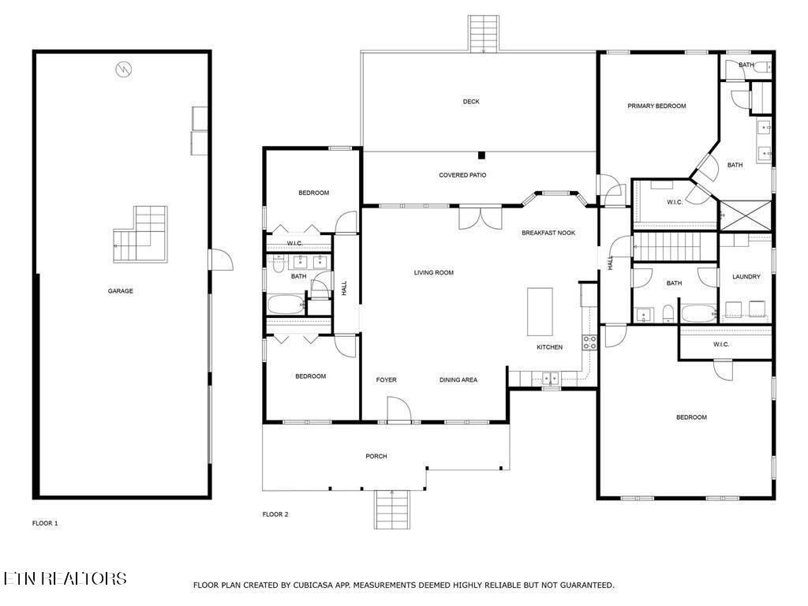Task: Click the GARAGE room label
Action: (120, 291)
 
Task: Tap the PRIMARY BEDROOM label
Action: (656, 107)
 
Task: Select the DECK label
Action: (471, 102)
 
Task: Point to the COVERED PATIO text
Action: (462, 175)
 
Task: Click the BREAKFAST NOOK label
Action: (548, 233)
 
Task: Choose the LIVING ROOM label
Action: (434, 272)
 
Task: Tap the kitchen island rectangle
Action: (540, 312)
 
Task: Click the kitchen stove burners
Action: (589, 342)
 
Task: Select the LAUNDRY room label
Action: (746, 277)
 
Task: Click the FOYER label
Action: (386, 380)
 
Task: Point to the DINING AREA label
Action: (458, 380)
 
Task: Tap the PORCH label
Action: (376, 456)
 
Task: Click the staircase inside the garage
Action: (140, 234)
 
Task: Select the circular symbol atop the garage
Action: (124, 69)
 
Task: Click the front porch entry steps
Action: (392, 510)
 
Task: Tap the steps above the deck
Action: (484, 34)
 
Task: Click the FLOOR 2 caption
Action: (275, 514)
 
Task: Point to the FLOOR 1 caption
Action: (45, 524)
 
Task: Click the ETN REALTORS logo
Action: (65, 578)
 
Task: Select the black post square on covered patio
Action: (481, 155)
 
